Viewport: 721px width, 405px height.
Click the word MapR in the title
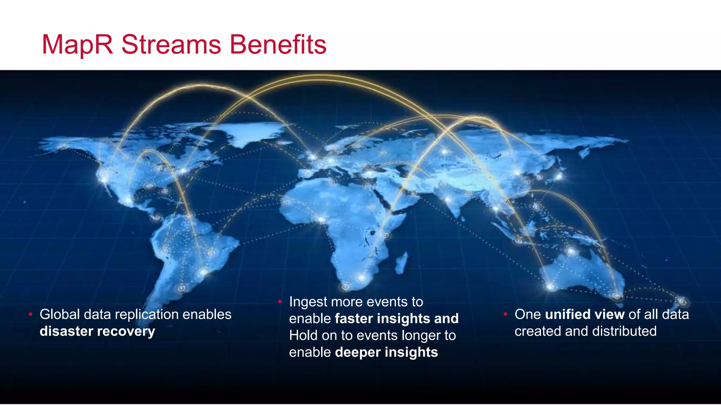point(77,45)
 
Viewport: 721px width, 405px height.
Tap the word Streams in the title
point(171,45)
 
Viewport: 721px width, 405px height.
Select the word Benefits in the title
point(278,45)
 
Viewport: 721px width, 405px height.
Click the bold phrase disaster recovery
point(97,332)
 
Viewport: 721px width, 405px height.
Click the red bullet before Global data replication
point(31,314)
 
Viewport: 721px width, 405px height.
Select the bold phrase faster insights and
point(396,319)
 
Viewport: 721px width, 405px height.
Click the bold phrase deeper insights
point(386,353)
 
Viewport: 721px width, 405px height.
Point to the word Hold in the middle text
point(303,336)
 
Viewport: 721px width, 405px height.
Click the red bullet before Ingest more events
point(280,302)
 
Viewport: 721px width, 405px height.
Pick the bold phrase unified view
point(584,315)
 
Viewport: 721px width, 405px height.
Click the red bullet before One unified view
point(505,314)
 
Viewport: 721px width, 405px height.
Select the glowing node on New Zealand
point(682,302)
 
